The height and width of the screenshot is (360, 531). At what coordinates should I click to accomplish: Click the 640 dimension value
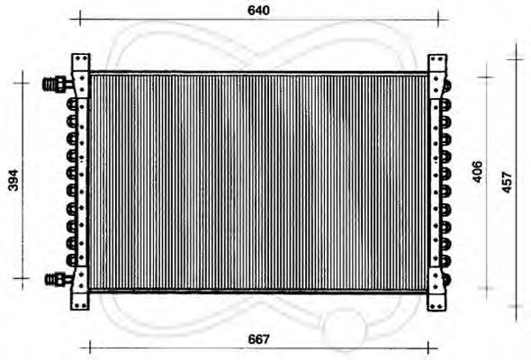(x=258, y=11)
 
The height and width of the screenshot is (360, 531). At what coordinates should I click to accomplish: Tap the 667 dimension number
(x=258, y=339)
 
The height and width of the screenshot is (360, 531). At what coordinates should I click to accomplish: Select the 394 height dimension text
(x=13, y=180)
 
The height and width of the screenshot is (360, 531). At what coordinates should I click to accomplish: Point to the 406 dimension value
(x=477, y=172)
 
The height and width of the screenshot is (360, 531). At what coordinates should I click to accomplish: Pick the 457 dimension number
(x=507, y=183)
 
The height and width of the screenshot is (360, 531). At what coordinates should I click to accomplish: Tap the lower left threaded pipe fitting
(x=58, y=279)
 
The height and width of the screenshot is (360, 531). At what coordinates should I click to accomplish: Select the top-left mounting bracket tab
(x=81, y=62)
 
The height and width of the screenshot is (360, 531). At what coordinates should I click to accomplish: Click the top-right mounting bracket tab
(x=437, y=63)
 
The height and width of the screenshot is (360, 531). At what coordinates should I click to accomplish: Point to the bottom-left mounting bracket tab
(x=80, y=301)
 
